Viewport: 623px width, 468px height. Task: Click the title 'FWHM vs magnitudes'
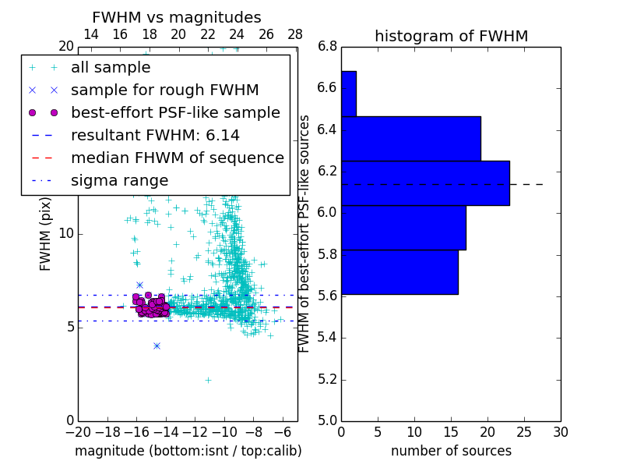(x=177, y=17)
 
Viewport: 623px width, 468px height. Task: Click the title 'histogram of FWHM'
(x=451, y=36)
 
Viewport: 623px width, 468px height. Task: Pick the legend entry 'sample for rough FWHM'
(x=164, y=90)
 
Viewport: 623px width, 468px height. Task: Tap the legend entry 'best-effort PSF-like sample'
(x=175, y=112)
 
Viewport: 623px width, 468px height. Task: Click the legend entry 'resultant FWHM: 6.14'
(x=155, y=135)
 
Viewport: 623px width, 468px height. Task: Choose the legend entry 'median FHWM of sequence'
(x=177, y=158)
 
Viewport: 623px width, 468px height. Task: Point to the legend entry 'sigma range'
(x=119, y=180)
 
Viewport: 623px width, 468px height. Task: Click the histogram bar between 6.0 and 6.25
(x=425, y=183)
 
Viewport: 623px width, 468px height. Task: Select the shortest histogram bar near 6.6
(x=349, y=94)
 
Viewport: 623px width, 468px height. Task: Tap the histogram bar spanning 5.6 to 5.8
(x=399, y=272)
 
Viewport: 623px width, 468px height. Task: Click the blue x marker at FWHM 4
(x=157, y=346)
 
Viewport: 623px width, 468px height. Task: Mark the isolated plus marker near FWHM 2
(x=208, y=380)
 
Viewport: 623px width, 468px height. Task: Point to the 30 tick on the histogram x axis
(x=560, y=431)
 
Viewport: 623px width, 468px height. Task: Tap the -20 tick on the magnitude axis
(x=78, y=431)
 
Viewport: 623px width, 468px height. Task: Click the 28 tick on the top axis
(x=295, y=34)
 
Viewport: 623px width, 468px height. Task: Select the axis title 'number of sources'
(x=451, y=451)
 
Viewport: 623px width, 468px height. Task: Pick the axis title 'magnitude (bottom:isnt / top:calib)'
(x=188, y=451)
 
